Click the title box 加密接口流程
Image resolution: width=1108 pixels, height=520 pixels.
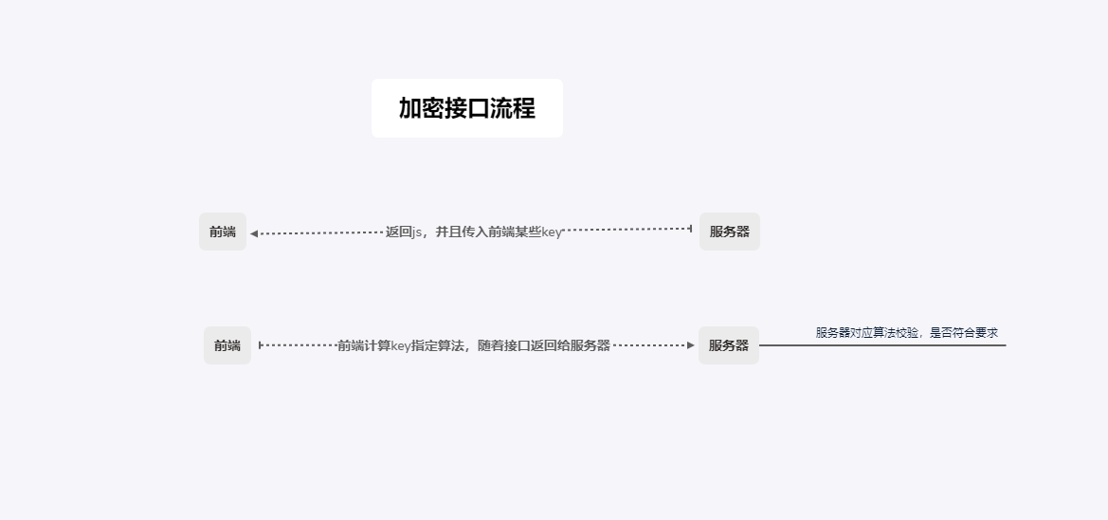coord(466,108)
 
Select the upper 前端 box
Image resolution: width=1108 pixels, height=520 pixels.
coord(223,232)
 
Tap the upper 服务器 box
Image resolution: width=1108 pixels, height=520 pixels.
coord(729,232)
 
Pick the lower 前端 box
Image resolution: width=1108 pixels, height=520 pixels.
coord(227,345)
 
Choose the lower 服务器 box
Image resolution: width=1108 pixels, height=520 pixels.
coord(729,345)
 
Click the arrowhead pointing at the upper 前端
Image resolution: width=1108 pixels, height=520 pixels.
coord(254,233)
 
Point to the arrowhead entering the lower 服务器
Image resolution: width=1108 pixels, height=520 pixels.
coord(691,345)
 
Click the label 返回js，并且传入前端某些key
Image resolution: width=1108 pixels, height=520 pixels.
coord(474,232)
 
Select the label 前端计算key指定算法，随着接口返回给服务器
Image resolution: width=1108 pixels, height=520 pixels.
coord(474,345)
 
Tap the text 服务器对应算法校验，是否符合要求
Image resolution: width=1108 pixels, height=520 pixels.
coord(906,333)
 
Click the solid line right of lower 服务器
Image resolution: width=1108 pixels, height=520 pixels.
coord(881,345)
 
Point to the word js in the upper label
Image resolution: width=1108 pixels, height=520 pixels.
coord(417,233)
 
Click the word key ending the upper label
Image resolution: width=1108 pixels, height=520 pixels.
coord(552,233)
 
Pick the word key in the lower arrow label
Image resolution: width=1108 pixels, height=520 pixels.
coord(401,345)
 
